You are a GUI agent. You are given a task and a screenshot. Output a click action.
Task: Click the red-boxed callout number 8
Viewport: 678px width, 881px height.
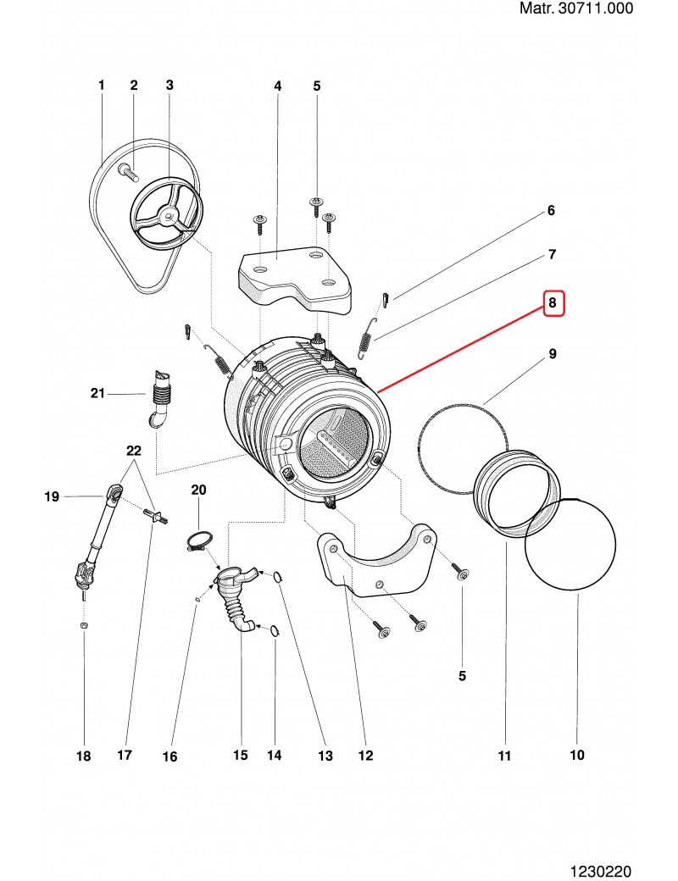point(552,302)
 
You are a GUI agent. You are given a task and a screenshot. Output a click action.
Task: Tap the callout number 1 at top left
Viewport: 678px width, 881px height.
point(101,85)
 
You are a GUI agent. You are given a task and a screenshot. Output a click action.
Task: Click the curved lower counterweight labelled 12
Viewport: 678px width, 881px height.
point(377,563)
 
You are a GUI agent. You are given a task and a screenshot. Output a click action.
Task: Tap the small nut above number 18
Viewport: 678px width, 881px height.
point(83,625)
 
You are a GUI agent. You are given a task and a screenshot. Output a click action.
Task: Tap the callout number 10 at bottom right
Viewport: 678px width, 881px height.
point(577,754)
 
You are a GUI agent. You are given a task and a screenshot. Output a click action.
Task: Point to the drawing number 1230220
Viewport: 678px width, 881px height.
point(602,870)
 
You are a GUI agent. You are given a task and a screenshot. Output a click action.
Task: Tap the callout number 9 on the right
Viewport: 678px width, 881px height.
point(552,352)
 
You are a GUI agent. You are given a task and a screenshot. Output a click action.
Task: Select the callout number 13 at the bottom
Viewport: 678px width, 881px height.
point(325,755)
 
